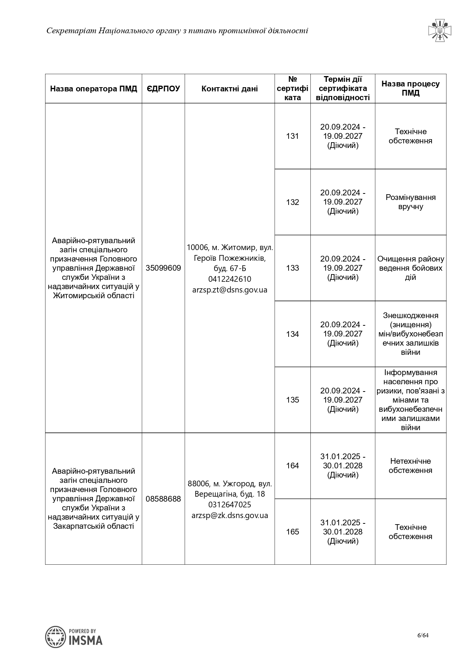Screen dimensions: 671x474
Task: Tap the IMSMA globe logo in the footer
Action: [x=55, y=637]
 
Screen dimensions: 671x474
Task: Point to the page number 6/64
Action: [x=423, y=635]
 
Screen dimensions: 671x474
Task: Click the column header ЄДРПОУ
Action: [x=163, y=89]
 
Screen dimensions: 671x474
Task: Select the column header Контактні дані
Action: [x=229, y=89]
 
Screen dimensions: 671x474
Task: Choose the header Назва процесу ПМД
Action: [x=411, y=88]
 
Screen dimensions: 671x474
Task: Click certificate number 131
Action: [x=292, y=136]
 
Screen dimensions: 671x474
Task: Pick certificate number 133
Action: [x=292, y=268]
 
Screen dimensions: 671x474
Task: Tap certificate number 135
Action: [x=292, y=400]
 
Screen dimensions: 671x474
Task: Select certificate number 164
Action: [x=292, y=466]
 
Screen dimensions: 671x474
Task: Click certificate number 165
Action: [x=292, y=532]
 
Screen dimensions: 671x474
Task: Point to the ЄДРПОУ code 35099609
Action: [x=163, y=268]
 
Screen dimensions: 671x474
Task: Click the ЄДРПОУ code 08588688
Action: [x=163, y=499]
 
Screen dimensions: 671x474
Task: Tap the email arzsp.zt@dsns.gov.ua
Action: [x=230, y=290]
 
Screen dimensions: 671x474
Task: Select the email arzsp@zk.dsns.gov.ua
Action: [x=230, y=515]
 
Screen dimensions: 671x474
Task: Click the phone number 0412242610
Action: [x=230, y=279]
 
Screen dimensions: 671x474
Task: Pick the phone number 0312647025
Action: [x=230, y=505]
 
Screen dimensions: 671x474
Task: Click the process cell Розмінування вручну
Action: [x=411, y=202]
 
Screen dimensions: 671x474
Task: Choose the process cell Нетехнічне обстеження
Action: [x=411, y=466]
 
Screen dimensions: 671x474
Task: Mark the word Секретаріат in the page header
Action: [x=71, y=31]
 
